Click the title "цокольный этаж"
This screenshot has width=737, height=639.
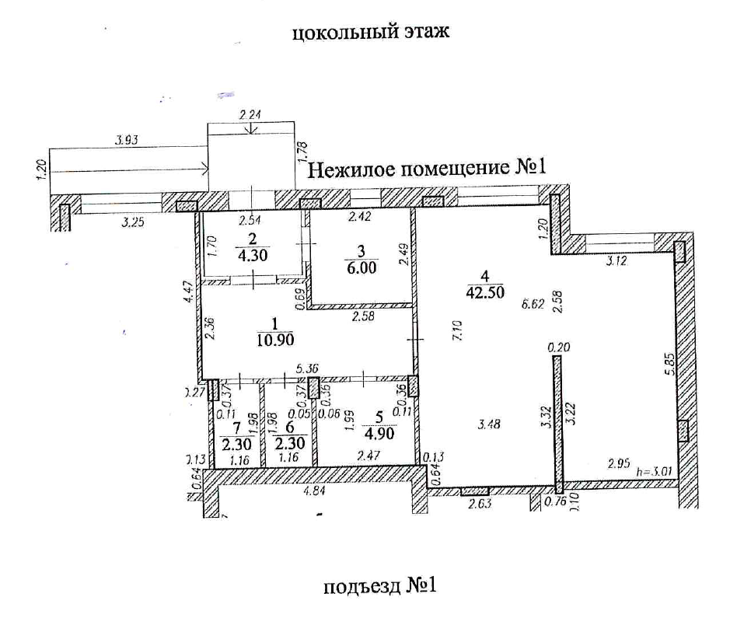[x=371, y=34]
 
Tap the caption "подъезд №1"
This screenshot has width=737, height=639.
[x=380, y=585]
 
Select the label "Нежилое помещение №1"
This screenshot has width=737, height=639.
[x=429, y=168]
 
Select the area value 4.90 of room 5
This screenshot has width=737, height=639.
[x=381, y=433]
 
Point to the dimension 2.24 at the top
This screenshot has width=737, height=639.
[x=250, y=114]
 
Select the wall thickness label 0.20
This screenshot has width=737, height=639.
[x=556, y=349]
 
